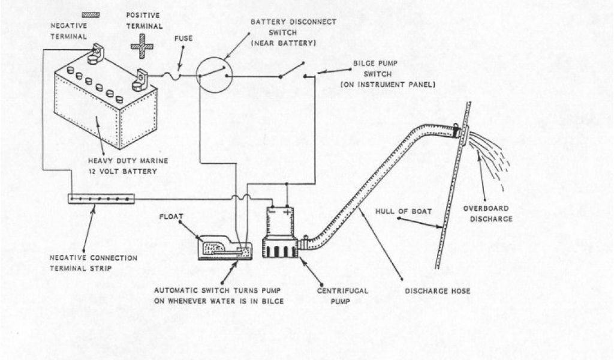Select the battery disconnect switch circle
[x=215, y=74]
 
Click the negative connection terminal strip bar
[x=101, y=199]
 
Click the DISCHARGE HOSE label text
[x=437, y=292]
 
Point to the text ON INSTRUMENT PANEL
[x=387, y=85]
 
